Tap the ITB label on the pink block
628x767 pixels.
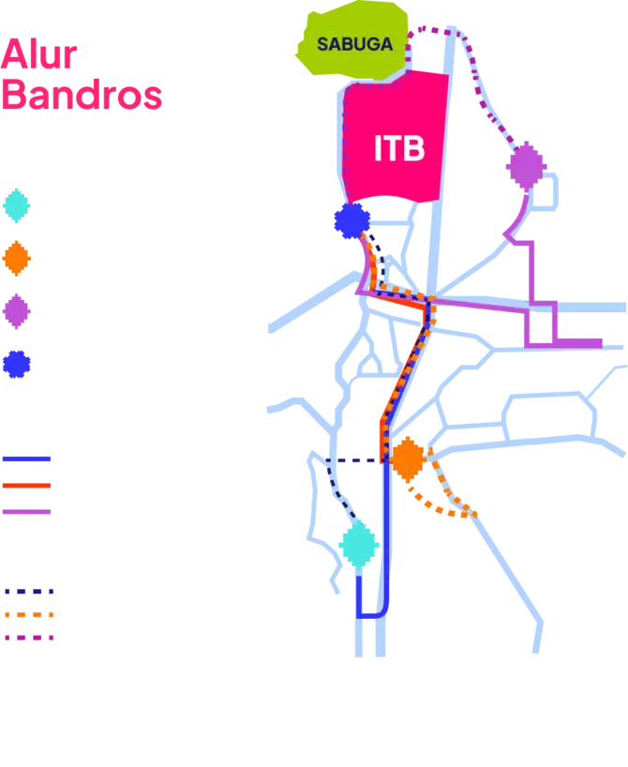399,149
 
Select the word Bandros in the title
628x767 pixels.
82,95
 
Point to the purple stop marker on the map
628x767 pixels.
524,169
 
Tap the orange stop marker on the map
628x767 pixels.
408,458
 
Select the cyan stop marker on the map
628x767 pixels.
358,545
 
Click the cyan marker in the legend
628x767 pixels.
16,204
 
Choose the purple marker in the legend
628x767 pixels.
16,310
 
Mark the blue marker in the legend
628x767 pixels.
16,364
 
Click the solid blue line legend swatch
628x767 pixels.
26,459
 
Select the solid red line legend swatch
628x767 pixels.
26,486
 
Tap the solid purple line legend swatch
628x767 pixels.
26,512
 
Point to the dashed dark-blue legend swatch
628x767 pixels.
30,593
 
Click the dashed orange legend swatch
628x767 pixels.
30,615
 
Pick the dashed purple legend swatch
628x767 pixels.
30,638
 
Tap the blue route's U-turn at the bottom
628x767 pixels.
369,615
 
